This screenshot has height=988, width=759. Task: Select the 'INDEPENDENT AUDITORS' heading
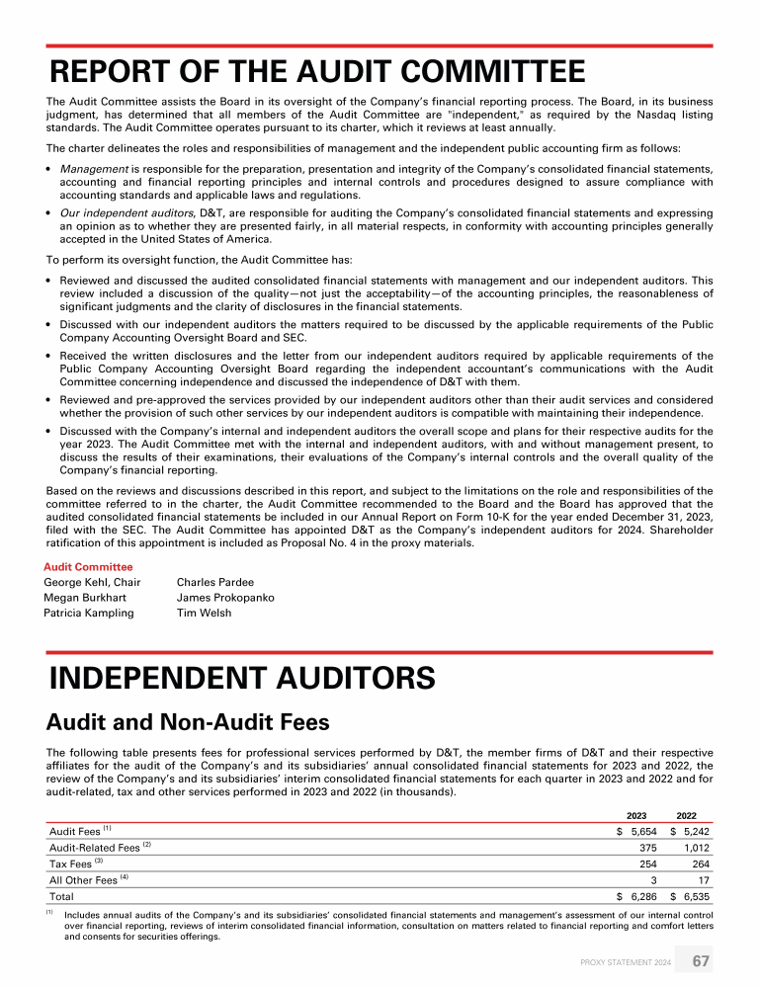pos(242,679)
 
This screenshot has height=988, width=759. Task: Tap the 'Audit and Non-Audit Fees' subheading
pos(189,721)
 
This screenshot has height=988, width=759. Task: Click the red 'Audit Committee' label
pos(88,567)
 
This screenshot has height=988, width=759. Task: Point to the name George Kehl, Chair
pos(92,582)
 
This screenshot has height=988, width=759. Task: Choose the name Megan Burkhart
pos(86,598)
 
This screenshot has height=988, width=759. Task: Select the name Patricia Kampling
pos(89,613)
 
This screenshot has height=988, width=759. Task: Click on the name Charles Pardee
pos(215,582)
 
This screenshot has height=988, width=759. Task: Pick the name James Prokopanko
pos(225,598)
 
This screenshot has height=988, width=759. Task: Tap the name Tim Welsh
pos(205,613)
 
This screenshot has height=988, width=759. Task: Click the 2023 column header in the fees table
pos(637,815)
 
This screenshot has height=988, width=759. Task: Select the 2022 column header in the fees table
pos(686,815)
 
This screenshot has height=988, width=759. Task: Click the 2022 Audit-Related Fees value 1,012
pos(695,848)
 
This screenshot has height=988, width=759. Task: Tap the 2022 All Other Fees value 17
pos(703,879)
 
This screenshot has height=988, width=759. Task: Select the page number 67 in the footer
pos(700,961)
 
